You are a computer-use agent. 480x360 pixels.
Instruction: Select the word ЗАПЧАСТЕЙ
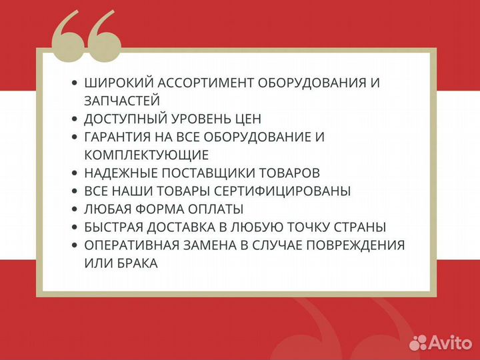tap(122, 101)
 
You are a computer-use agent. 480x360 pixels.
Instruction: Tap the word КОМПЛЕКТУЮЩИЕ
tap(147, 155)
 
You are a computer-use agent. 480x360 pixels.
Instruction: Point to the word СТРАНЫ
tap(362, 227)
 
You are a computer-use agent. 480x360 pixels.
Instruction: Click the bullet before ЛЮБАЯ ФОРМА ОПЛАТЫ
tap(74, 209)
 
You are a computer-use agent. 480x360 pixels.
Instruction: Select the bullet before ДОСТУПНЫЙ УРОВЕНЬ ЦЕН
tap(74, 119)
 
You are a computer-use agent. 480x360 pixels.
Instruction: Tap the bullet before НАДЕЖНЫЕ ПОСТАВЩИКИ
tap(74, 173)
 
